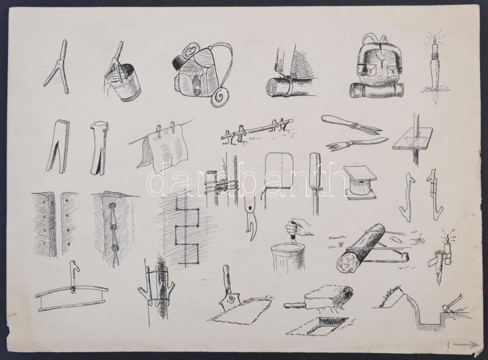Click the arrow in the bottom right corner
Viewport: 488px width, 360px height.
[x=465, y=345]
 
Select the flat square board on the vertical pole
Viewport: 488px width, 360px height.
[x=413, y=138]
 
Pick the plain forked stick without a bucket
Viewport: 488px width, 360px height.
[x=57, y=68]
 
